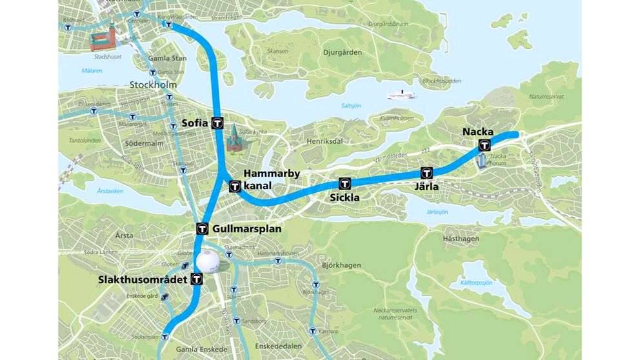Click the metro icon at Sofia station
pyautogui.click(x=219, y=123)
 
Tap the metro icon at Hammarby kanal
pyautogui.click(x=235, y=187)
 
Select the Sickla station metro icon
pyautogui.click(x=345, y=183)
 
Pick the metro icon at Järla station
pyautogui.click(x=426, y=172)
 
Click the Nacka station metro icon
pyautogui.click(x=484, y=146)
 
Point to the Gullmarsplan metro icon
pyautogui.click(x=202, y=228)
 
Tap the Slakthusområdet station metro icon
pyautogui.click(x=196, y=279)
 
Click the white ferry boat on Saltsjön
pyautogui.click(x=401, y=95)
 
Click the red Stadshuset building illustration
pyautogui.click(x=104, y=40)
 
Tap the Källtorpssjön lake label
pyautogui.click(x=477, y=283)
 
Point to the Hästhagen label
pyautogui.click(x=461, y=238)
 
